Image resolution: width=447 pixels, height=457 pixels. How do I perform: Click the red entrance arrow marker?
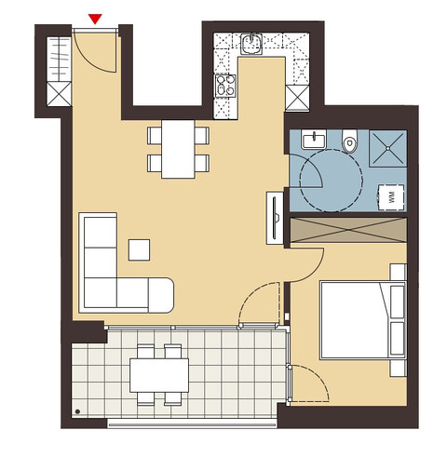96,19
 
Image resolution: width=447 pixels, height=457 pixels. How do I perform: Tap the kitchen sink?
251,41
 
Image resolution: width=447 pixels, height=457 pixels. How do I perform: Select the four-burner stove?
226,86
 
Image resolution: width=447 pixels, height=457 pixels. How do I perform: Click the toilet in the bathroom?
350,141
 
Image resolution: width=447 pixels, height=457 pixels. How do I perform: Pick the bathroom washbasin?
313,141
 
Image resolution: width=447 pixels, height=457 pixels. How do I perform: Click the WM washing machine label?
390,195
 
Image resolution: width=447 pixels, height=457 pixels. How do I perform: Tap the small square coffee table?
139,249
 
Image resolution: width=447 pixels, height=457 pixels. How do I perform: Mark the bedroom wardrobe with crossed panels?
348,230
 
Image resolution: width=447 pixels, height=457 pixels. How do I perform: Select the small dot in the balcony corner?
76,410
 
